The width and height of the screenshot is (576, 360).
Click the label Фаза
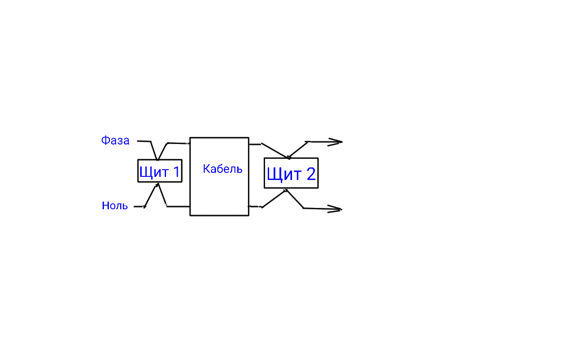click(115, 140)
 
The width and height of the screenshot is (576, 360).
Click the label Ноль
click(115, 206)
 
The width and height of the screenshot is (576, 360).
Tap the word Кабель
click(222, 169)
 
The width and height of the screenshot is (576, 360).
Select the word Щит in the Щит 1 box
click(154, 172)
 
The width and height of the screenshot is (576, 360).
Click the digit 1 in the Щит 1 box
click(177, 171)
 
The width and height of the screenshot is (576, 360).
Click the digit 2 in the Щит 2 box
click(311, 174)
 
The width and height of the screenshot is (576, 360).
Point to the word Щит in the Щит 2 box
click(284, 175)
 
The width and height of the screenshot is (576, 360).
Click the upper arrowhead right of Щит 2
click(335, 142)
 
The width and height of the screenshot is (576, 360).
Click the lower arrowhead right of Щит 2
click(334, 209)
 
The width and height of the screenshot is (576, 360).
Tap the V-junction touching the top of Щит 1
click(157, 160)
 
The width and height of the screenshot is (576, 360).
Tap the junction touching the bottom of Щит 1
click(158, 184)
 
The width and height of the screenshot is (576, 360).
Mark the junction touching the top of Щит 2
click(288, 158)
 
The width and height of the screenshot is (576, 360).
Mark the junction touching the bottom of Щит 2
click(285, 190)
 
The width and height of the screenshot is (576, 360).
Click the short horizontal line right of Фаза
click(144, 141)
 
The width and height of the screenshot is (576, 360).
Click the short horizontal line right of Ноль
click(139, 207)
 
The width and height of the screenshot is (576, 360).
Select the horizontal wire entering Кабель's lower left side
click(178, 206)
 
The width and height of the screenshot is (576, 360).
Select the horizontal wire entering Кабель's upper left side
click(179, 143)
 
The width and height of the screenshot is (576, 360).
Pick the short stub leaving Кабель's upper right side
click(255, 144)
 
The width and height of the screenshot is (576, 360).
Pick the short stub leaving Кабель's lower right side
click(255, 207)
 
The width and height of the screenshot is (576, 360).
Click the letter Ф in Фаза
click(105, 140)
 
